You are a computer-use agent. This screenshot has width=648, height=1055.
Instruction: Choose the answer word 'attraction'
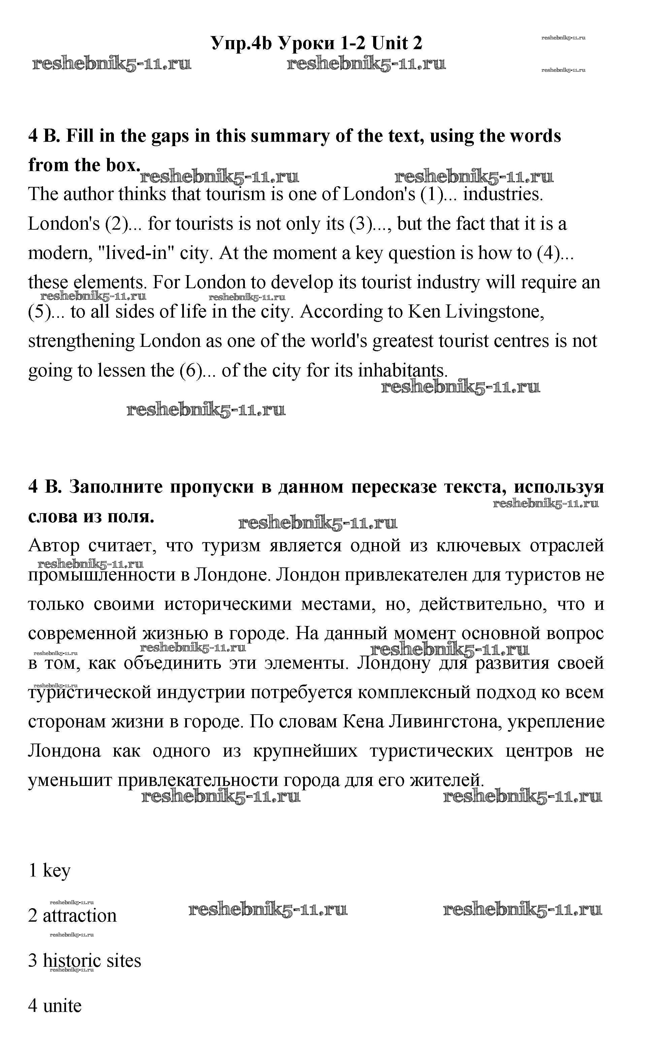click(x=80, y=916)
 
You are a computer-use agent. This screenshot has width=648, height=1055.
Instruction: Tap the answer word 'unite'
click(x=63, y=1006)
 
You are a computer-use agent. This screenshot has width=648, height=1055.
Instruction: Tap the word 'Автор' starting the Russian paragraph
click(x=54, y=546)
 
